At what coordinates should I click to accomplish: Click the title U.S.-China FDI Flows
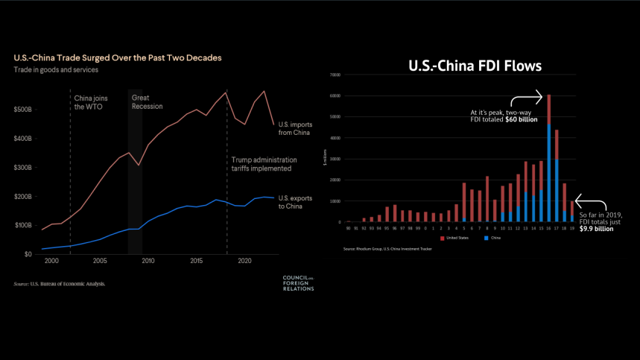click(475, 66)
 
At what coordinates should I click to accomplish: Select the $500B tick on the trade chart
click(23, 110)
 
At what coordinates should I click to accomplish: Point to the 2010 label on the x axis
click(148, 262)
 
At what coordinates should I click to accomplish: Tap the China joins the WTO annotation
click(89, 102)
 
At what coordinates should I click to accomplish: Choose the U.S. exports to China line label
click(295, 201)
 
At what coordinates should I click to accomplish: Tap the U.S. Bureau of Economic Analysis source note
click(60, 284)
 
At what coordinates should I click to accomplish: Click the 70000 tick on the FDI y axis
click(335, 75)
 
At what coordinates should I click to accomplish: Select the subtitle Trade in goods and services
click(56, 70)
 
